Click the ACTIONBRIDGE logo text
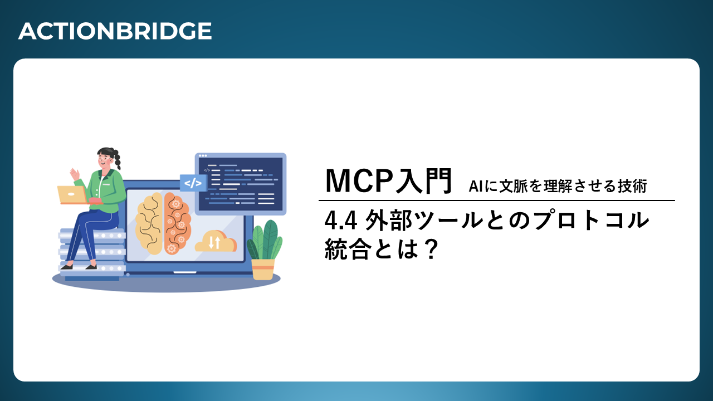click(x=115, y=31)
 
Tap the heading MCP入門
click(x=389, y=181)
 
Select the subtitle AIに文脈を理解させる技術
click(x=558, y=186)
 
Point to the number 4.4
click(x=340, y=221)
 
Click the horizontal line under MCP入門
click(x=496, y=200)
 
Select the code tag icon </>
click(x=193, y=183)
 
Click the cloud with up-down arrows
click(x=216, y=241)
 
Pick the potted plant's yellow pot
click(x=263, y=269)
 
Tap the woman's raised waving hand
click(x=75, y=174)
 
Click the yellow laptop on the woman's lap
click(x=72, y=195)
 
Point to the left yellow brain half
click(x=149, y=223)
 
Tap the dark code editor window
click(x=241, y=184)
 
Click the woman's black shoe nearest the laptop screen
click(x=91, y=267)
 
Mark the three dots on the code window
click(x=203, y=155)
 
